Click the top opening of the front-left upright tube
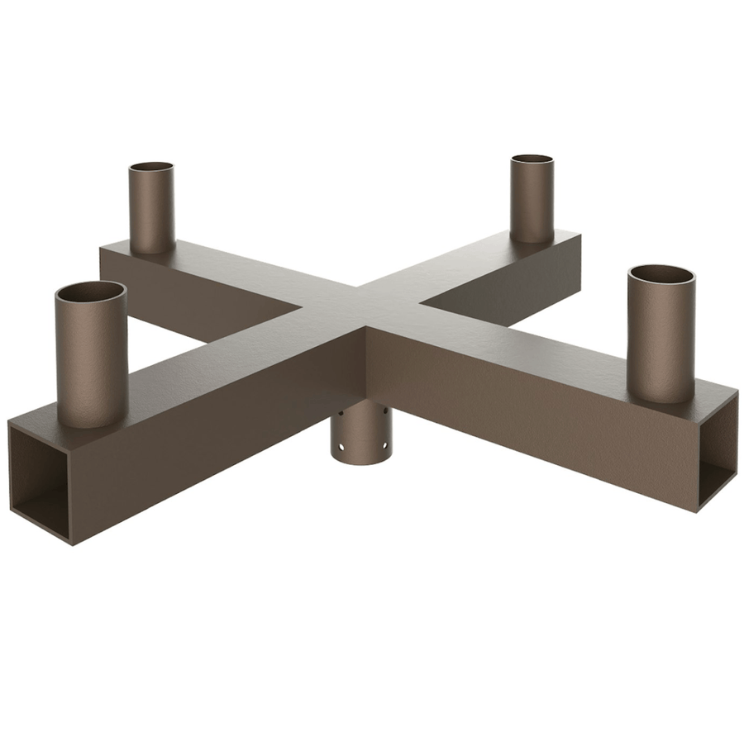91,292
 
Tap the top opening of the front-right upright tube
661,276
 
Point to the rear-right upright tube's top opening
532,159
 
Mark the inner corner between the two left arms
299,313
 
